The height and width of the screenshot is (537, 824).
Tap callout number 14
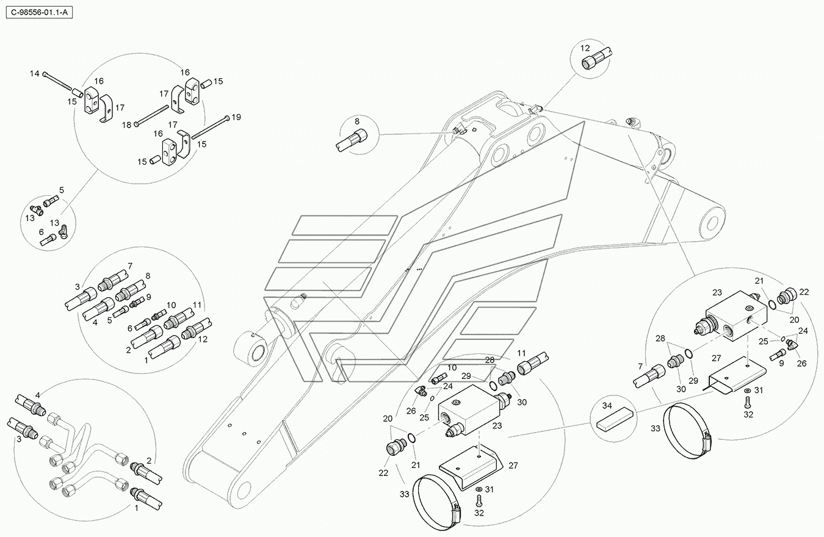coord(35,74)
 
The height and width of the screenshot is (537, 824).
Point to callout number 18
coord(126,124)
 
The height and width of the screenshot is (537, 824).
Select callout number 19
coord(236,117)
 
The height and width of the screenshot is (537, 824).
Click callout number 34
coord(606,405)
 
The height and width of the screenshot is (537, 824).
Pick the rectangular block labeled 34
coord(613,420)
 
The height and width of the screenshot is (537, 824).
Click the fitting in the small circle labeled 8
coord(352,140)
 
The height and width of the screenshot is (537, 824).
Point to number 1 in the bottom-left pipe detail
coord(136,507)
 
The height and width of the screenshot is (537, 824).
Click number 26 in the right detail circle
coord(801,363)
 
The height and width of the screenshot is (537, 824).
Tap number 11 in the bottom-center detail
coord(521,353)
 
